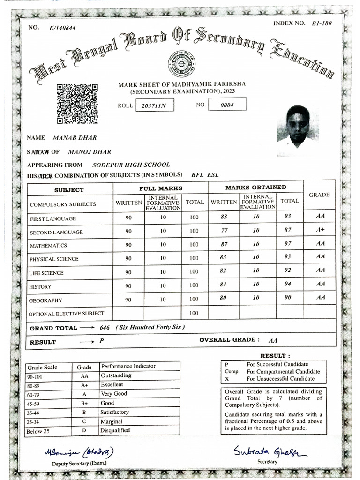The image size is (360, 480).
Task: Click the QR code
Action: pyautogui.click(x=77, y=104)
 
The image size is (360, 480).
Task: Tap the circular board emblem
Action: pyautogui.click(x=182, y=65)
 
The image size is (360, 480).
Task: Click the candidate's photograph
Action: pyautogui.click(x=298, y=125)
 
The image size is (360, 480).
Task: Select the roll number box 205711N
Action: pyautogui.click(x=154, y=106)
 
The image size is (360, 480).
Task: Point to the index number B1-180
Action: pyautogui.click(x=322, y=23)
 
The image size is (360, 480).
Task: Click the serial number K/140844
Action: pyautogui.click(x=62, y=28)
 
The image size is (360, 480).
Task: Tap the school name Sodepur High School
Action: pyautogui.click(x=131, y=165)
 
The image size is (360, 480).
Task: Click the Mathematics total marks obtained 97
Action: pyautogui.click(x=288, y=244)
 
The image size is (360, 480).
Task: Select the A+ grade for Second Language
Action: pyautogui.click(x=320, y=230)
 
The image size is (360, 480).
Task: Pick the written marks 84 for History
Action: pyautogui.click(x=223, y=284)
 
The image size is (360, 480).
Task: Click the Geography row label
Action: pyautogui.click(x=46, y=300)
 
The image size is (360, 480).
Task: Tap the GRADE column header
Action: pyautogui.click(x=319, y=195)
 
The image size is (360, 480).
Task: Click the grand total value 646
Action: pyautogui.click(x=105, y=328)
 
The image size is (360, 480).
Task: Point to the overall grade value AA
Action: pyautogui.click(x=273, y=341)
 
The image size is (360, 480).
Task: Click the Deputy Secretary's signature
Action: pyautogui.click(x=79, y=453)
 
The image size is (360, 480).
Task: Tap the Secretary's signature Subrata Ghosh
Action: pyautogui.click(x=270, y=451)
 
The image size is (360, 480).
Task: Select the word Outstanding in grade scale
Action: pyautogui.click(x=116, y=375)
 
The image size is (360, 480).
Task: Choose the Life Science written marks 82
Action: pyautogui.click(x=223, y=270)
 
